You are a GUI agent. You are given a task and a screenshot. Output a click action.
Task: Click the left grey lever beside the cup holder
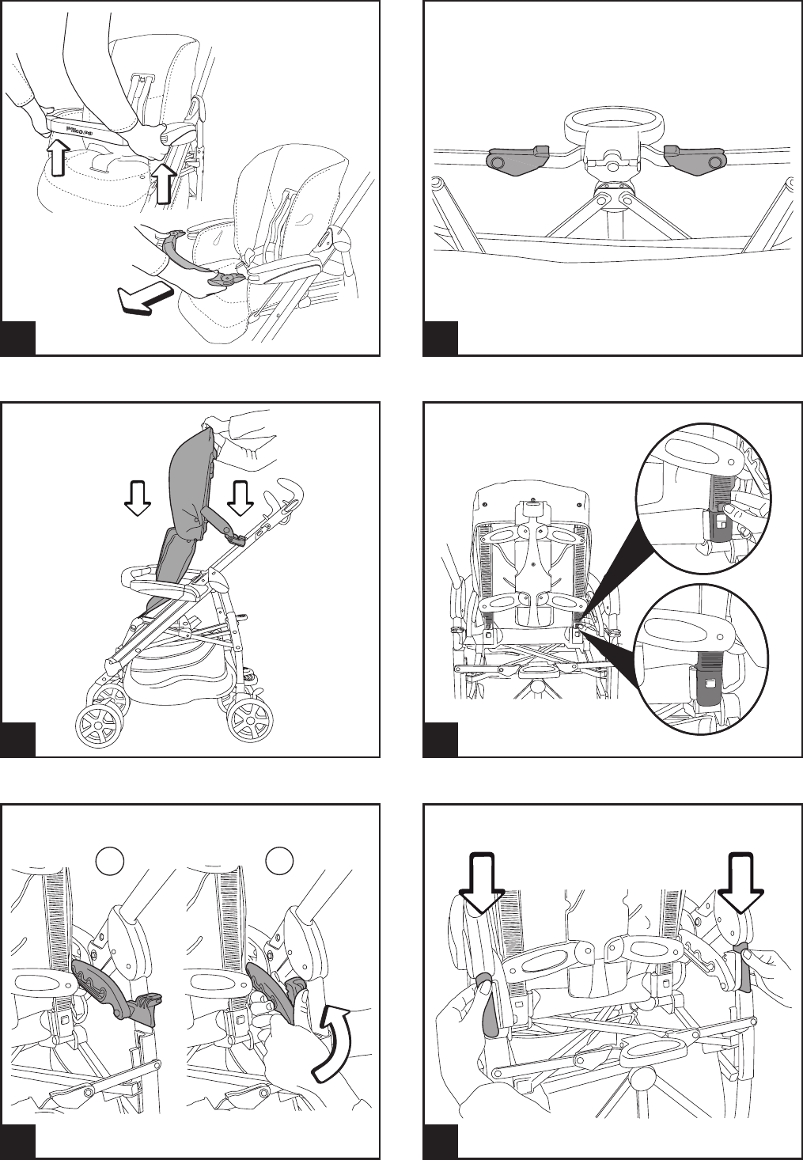517,160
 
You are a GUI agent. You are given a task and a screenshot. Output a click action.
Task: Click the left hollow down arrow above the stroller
138,499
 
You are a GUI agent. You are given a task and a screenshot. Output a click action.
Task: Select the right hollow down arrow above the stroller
239,499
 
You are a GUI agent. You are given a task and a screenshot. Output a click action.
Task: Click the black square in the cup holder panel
441,339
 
